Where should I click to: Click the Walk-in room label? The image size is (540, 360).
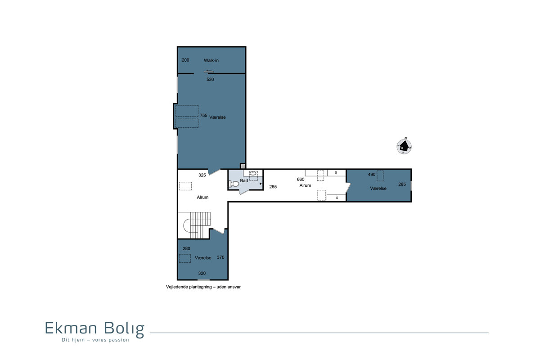coord(211,60)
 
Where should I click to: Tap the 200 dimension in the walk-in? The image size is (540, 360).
coord(185,60)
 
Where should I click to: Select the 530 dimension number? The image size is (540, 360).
coord(210,79)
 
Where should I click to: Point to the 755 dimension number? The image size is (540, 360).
coord(203,115)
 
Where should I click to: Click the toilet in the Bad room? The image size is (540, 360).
coord(234,184)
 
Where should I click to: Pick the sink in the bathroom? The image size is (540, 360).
coord(252,173)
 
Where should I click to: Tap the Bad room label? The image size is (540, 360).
coord(244,180)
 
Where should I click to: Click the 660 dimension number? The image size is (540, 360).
coord(301,179)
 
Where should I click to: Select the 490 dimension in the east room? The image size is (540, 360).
coord(372,174)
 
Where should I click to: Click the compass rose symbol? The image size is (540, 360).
coord(404,146)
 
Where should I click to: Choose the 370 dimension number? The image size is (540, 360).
coord(220,257)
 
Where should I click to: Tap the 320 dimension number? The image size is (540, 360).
coord(202,273)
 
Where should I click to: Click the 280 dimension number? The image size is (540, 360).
coord(186,248)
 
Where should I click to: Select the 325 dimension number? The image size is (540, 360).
coord(202,175)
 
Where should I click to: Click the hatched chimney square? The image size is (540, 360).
coord(243,166)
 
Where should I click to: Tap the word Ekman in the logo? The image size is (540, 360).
coord(71,328)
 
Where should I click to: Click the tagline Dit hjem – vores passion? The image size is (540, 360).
coord(95,340)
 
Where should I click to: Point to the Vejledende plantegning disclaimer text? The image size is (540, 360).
coord(203,287)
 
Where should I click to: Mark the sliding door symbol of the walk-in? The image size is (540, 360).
coord(208,71)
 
